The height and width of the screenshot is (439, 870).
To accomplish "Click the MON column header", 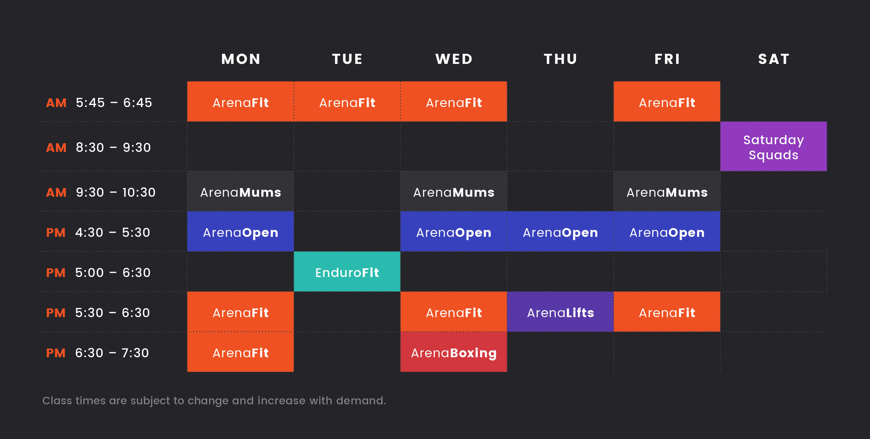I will point(241,59).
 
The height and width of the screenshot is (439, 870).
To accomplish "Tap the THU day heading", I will point(560,59).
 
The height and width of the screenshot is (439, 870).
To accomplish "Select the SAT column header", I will point(774,59).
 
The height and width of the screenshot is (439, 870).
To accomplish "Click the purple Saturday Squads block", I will point(773,147).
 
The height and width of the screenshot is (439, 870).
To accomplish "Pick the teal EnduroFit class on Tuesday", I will point(347,272).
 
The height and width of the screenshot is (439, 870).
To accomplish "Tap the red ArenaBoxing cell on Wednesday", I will point(453,353).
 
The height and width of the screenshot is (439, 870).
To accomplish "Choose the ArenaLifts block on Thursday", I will point(560,312).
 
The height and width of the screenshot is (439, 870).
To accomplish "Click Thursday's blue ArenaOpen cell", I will point(560,232).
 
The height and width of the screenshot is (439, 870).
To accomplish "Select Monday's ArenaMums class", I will point(240,192).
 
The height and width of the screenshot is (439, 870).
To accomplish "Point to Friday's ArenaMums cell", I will point(667,192).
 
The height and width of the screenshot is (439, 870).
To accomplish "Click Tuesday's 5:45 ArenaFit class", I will point(347,102).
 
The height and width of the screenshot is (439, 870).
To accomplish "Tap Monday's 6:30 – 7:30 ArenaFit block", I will point(240,353).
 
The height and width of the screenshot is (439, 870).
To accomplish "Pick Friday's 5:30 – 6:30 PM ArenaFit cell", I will point(667,312).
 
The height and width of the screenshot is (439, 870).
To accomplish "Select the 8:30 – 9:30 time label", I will point(113,147).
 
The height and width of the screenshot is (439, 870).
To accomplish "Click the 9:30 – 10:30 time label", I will point(116,192).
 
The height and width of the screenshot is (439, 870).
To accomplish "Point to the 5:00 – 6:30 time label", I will point(113,273).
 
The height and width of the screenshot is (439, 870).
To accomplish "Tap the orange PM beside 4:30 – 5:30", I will point(56,233).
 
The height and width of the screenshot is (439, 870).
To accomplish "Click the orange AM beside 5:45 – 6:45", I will point(56,103).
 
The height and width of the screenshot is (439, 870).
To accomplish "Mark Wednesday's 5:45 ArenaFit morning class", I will point(453,102).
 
